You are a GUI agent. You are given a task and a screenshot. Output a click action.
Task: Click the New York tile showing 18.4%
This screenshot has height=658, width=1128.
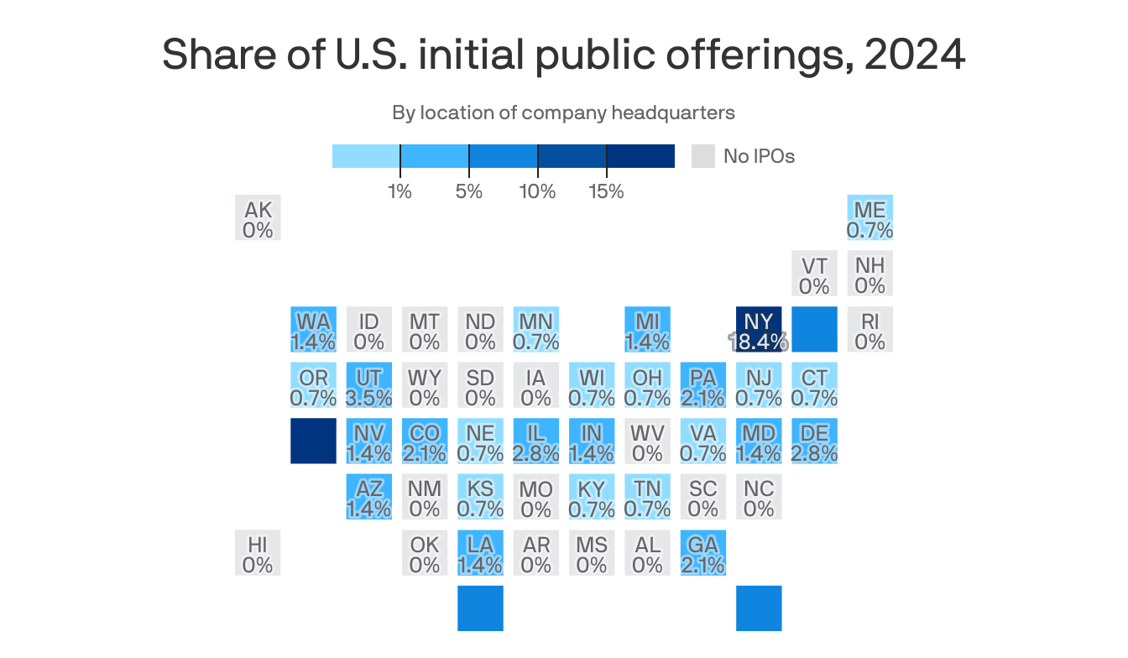[759, 329]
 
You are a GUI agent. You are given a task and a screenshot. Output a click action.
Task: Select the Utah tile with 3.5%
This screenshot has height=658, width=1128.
[368, 385]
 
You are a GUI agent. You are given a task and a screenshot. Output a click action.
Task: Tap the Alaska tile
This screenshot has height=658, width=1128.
[258, 218]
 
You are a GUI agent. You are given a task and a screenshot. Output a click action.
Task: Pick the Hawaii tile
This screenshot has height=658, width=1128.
[258, 552]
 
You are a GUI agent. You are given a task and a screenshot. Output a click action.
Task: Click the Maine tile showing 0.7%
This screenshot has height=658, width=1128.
[869, 218]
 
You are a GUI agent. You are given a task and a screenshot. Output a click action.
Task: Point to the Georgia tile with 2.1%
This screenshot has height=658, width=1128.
[703, 552]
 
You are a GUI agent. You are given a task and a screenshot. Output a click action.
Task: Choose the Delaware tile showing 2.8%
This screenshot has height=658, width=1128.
[814, 441]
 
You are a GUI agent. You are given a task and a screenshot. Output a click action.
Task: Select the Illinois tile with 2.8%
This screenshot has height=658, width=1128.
[535, 441]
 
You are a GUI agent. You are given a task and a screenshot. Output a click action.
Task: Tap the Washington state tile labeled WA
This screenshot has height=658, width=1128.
[313, 329]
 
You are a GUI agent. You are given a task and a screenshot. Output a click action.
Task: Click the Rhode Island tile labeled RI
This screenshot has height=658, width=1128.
[869, 329]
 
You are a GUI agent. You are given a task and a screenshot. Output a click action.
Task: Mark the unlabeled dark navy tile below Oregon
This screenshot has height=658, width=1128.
[313, 441]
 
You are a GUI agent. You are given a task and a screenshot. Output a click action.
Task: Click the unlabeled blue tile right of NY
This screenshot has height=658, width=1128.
[814, 329]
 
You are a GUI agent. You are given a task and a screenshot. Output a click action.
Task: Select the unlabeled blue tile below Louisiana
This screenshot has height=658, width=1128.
[480, 608]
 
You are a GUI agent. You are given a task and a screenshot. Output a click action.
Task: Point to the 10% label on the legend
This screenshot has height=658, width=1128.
[537, 191]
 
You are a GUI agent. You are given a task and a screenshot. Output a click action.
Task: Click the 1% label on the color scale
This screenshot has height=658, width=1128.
[400, 191]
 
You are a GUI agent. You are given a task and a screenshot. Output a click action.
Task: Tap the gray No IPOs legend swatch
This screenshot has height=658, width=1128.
[702, 156]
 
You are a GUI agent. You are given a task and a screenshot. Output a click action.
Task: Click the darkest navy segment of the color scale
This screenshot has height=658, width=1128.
[640, 156]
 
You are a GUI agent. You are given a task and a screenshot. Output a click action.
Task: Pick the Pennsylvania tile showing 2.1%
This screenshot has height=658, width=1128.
[703, 385]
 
